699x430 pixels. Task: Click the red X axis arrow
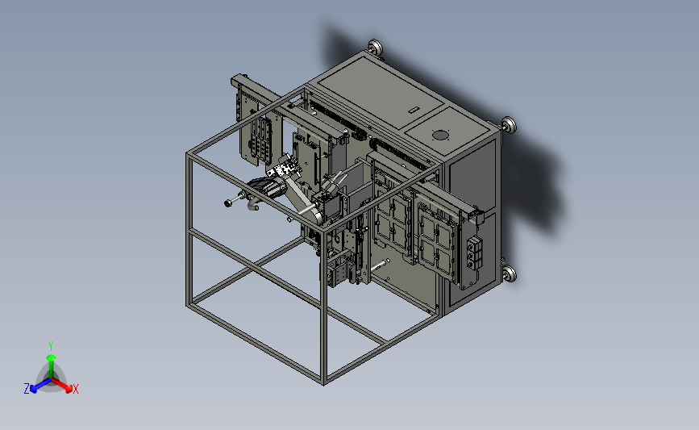(x=62, y=385)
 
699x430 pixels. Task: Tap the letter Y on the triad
(x=51, y=346)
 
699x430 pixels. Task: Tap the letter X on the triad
(x=75, y=389)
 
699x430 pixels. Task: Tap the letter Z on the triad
(x=27, y=389)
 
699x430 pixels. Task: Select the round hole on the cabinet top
(x=440, y=135)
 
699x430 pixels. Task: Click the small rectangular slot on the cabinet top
(x=414, y=110)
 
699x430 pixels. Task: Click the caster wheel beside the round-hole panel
(x=509, y=124)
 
